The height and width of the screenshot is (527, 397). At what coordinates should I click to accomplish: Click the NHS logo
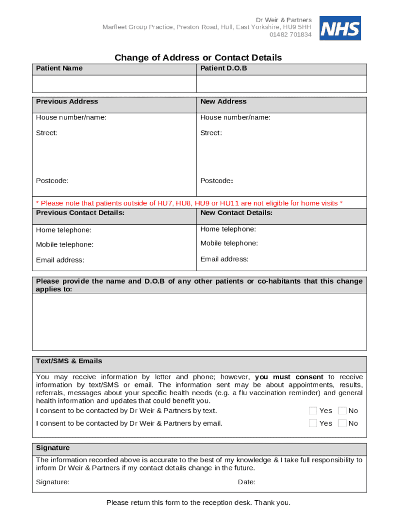tap(340, 28)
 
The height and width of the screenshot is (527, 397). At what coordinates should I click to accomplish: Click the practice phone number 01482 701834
tap(290, 35)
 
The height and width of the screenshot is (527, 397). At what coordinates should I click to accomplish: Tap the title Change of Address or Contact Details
tap(198, 58)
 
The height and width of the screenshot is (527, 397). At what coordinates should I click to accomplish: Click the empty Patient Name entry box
tap(114, 84)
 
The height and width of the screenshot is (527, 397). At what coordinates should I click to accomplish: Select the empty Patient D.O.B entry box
tap(281, 84)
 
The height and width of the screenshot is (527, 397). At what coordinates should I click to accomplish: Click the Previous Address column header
tap(67, 102)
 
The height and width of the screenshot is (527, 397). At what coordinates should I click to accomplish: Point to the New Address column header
tap(223, 102)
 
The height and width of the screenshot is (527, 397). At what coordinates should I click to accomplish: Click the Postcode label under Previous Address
tap(52, 181)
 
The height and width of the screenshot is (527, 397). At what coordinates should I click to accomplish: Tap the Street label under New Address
tap(211, 133)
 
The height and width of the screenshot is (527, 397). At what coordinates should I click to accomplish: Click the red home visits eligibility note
tap(189, 203)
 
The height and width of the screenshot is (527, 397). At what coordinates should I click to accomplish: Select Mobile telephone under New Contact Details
tap(229, 243)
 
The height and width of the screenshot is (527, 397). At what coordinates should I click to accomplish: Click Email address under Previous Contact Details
tap(60, 260)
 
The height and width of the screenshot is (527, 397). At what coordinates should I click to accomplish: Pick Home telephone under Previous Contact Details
tap(63, 230)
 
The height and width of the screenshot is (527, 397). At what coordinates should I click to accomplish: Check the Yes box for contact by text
tap(313, 411)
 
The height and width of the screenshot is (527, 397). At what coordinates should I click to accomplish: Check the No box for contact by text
tap(342, 411)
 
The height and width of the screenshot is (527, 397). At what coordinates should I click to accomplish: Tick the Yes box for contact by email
tap(313, 423)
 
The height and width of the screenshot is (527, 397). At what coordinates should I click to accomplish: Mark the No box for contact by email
tap(342, 423)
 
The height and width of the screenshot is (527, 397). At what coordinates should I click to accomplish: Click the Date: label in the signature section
tap(246, 482)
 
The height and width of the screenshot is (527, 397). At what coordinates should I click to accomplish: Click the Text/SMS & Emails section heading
tap(69, 361)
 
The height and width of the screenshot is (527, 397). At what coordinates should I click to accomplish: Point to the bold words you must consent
tap(289, 377)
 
